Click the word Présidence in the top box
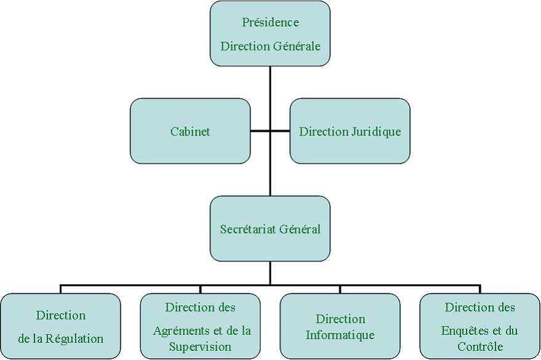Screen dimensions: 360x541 pyautogui.click(x=270, y=23)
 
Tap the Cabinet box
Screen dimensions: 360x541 pyautogui.click(x=190, y=131)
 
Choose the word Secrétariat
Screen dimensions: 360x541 pyautogui.click(x=248, y=229)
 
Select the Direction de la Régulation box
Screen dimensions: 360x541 pyautogui.click(x=60, y=326)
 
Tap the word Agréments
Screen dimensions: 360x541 pyautogui.click(x=181, y=331)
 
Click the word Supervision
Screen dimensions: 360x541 pyautogui.click(x=200, y=346)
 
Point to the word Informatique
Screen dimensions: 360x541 pyautogui.click(x=340, y=335)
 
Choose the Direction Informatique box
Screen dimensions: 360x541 pyautogui.click(x=340, y=348)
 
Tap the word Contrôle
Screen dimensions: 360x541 pyautogui.click(x=480, y=346)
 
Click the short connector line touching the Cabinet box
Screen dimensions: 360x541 pyautogui.click(x=260, y=131)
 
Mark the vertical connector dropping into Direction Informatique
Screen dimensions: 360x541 pyautogui.click(x=340, y=289)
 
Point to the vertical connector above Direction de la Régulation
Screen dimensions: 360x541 pyautogui.click(x=60, y=289)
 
